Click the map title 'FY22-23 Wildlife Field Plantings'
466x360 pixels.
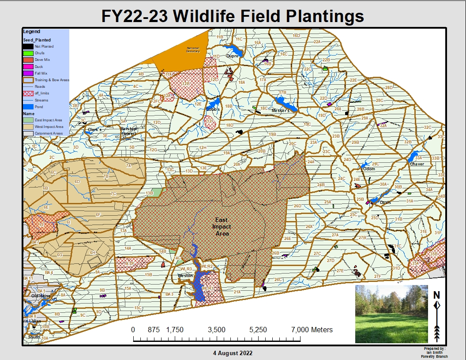click(233, 16)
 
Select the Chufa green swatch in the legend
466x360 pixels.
click(28, 53)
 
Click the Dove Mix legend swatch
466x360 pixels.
click(28, 60)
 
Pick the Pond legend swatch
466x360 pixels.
click(28, 107)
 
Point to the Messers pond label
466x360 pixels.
click(281, 111)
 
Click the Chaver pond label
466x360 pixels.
click(417, 164)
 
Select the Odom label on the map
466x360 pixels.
click(368, 169)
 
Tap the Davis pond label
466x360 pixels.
click(385, 202)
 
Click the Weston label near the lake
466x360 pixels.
click(185, 275)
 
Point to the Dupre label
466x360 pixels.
click(232, 56)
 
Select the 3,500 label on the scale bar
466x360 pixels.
click(217, 330)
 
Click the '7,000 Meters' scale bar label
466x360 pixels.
click(312, 330)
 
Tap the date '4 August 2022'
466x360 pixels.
click(233, 353)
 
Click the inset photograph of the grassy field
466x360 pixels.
click(391, 314)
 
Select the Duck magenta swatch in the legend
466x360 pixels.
click(28, 67)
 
